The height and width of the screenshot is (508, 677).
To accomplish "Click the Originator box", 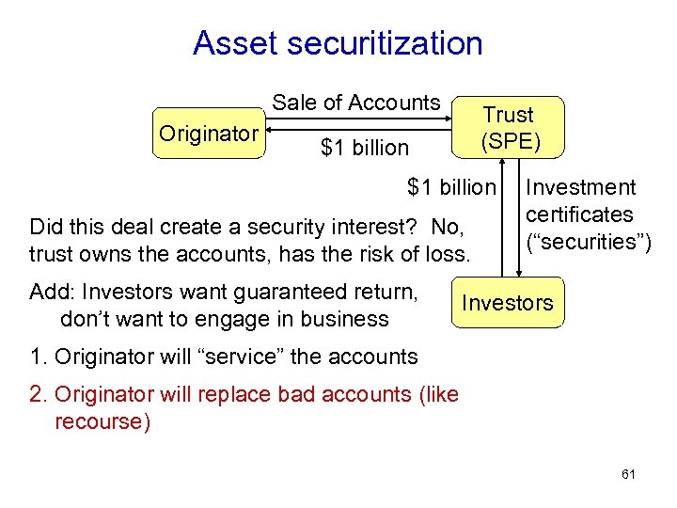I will click(x=208, y=135).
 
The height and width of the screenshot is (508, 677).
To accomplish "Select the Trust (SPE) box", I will click(x=508, y=128).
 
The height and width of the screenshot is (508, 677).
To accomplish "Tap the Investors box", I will click(x=508, y=303).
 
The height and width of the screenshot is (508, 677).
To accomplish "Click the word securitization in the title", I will click(x=379, y=43).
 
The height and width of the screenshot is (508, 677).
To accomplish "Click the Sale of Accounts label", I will click(x=356, y=103).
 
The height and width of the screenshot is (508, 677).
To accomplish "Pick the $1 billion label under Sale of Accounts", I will click(x=365, y=148).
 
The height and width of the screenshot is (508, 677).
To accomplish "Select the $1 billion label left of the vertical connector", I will click(x=450, y=187).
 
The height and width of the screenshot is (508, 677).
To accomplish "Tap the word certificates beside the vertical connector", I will click(x=579, y=214).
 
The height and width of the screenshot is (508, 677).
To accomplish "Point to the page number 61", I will click(x=628, y=474).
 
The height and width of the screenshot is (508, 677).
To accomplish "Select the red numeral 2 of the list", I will click(x=36, y=394).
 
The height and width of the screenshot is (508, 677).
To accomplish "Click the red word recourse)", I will click(x=102, y=421).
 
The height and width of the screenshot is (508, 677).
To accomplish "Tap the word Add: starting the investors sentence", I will click(x=53, y=292).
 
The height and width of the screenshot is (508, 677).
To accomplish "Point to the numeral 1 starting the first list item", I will click(x=36, y=357).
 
